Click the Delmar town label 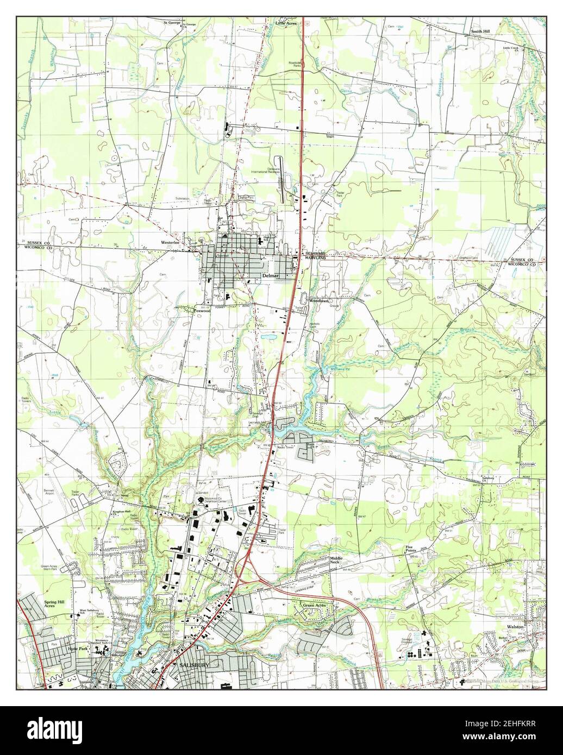pyautogui.click(x=270, y=275)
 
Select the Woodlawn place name pyautogui.click(x=320, y=300)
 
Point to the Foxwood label pyautogui.click(x=202, y=311)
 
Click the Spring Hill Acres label pyautogui.click(x=53, y=605)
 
